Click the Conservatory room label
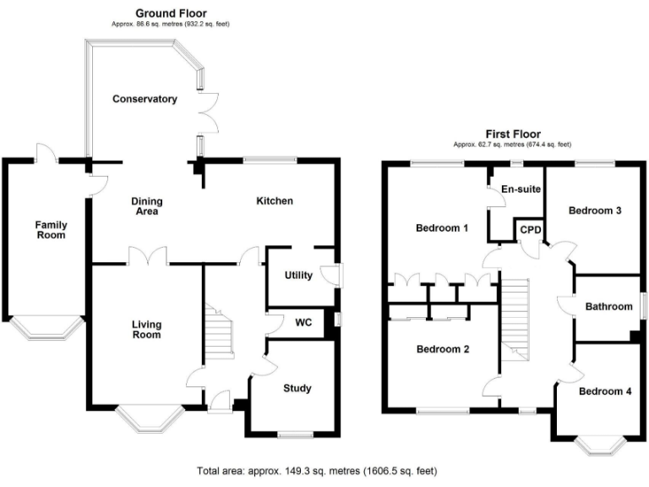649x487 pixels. (145, 99)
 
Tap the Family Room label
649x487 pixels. (51, 229)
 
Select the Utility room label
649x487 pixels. (298, 276)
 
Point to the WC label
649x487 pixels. (303, 322)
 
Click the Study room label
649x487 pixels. (297, 388)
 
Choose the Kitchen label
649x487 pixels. (275, 200)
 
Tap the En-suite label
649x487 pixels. (520, 189)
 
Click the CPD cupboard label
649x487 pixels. (530, 229)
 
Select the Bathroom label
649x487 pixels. (608, 306)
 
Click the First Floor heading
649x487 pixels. (512, 134)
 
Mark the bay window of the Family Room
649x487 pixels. (46, 328)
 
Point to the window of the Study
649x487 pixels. (296, 435)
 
